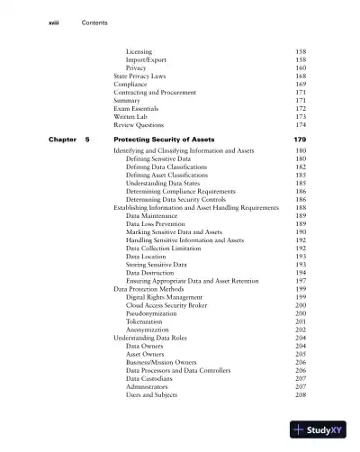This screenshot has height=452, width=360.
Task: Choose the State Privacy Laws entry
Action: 140,76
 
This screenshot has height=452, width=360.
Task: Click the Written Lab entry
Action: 132,116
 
